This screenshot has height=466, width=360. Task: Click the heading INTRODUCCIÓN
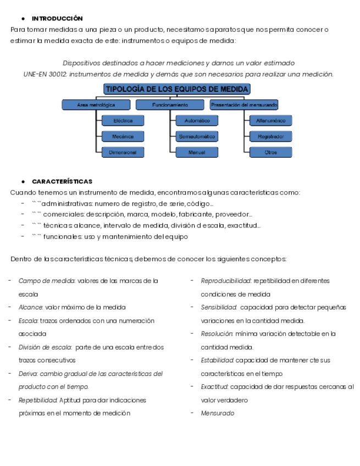57,19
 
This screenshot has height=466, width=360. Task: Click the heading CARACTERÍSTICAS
62,181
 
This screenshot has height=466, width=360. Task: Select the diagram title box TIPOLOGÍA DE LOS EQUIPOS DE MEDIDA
177,89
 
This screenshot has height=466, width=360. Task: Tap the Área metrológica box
96,104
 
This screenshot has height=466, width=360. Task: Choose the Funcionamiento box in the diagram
170,104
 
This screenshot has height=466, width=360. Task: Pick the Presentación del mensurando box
243,104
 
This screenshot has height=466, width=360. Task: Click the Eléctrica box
123,120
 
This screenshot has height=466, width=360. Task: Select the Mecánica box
123,136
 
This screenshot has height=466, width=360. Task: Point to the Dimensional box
123,152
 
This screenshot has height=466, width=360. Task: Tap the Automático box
197,120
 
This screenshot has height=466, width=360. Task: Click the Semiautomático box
197,136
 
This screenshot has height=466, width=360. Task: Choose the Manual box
197,152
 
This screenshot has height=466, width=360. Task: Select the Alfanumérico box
270,120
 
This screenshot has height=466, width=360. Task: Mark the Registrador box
270,136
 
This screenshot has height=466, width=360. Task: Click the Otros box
270,152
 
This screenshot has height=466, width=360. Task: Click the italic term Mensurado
218,413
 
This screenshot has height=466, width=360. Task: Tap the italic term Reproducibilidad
226,281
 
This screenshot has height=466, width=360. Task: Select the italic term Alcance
30,307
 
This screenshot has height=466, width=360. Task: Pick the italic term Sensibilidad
218,307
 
